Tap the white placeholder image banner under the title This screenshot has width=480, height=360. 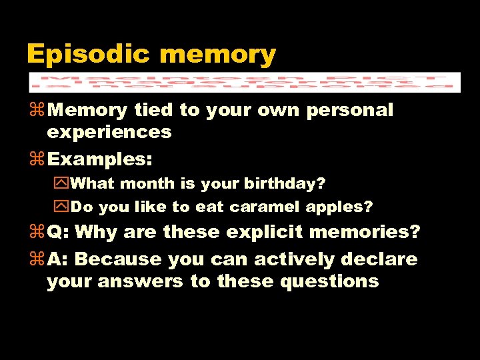point(244,81)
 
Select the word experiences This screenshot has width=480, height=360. point(109,132)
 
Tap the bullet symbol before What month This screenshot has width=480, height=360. point(63,183)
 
